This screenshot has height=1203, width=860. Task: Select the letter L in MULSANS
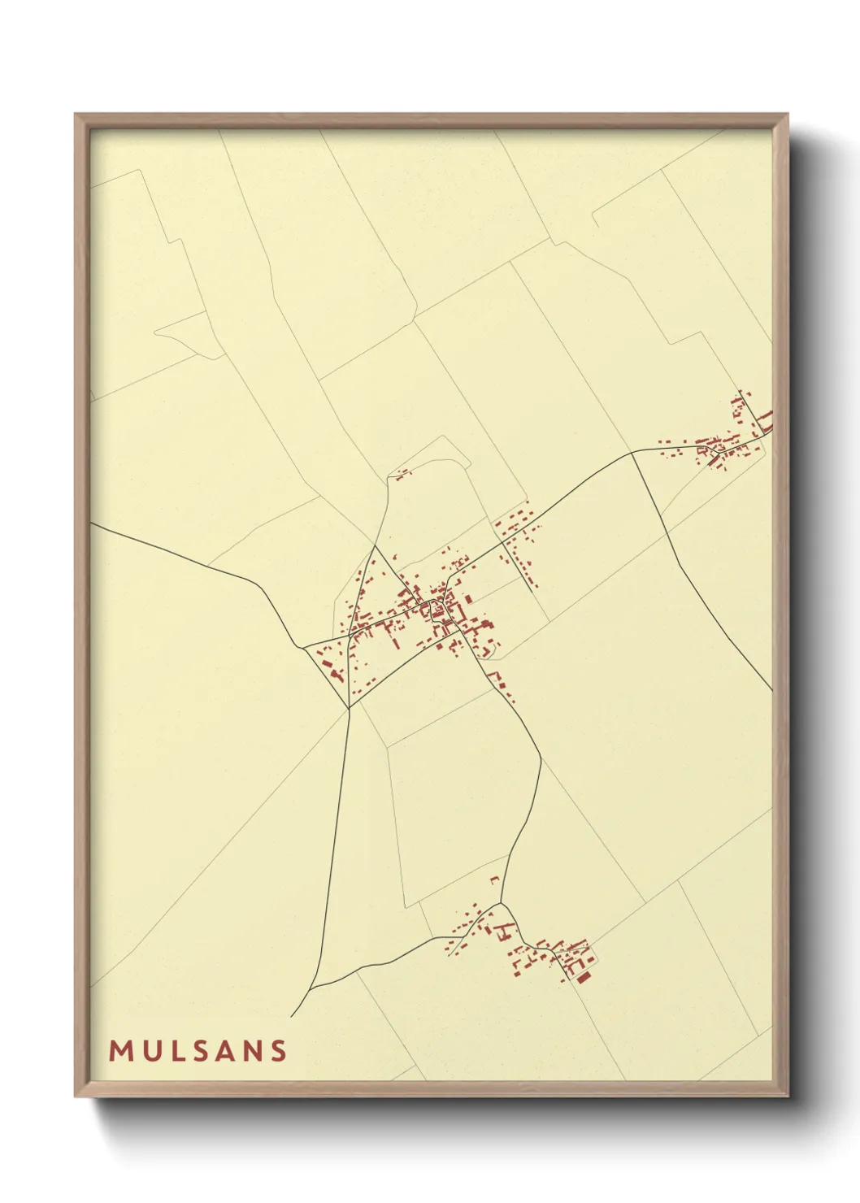click(173, 1051)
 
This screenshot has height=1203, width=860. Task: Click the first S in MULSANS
click(198, 1051)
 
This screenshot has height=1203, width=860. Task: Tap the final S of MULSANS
click(279, 1051)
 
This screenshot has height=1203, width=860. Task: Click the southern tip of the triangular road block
click(348, 708)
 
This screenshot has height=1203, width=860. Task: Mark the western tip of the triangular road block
click(303, 648)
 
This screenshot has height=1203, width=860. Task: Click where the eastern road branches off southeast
click(632, 454)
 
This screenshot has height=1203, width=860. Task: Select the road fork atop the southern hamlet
click(502, 903)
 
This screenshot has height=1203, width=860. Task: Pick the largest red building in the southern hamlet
click(583, 975)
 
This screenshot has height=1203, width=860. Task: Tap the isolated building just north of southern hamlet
click(493, 879)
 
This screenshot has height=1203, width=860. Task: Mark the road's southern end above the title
click(291, 1016)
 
